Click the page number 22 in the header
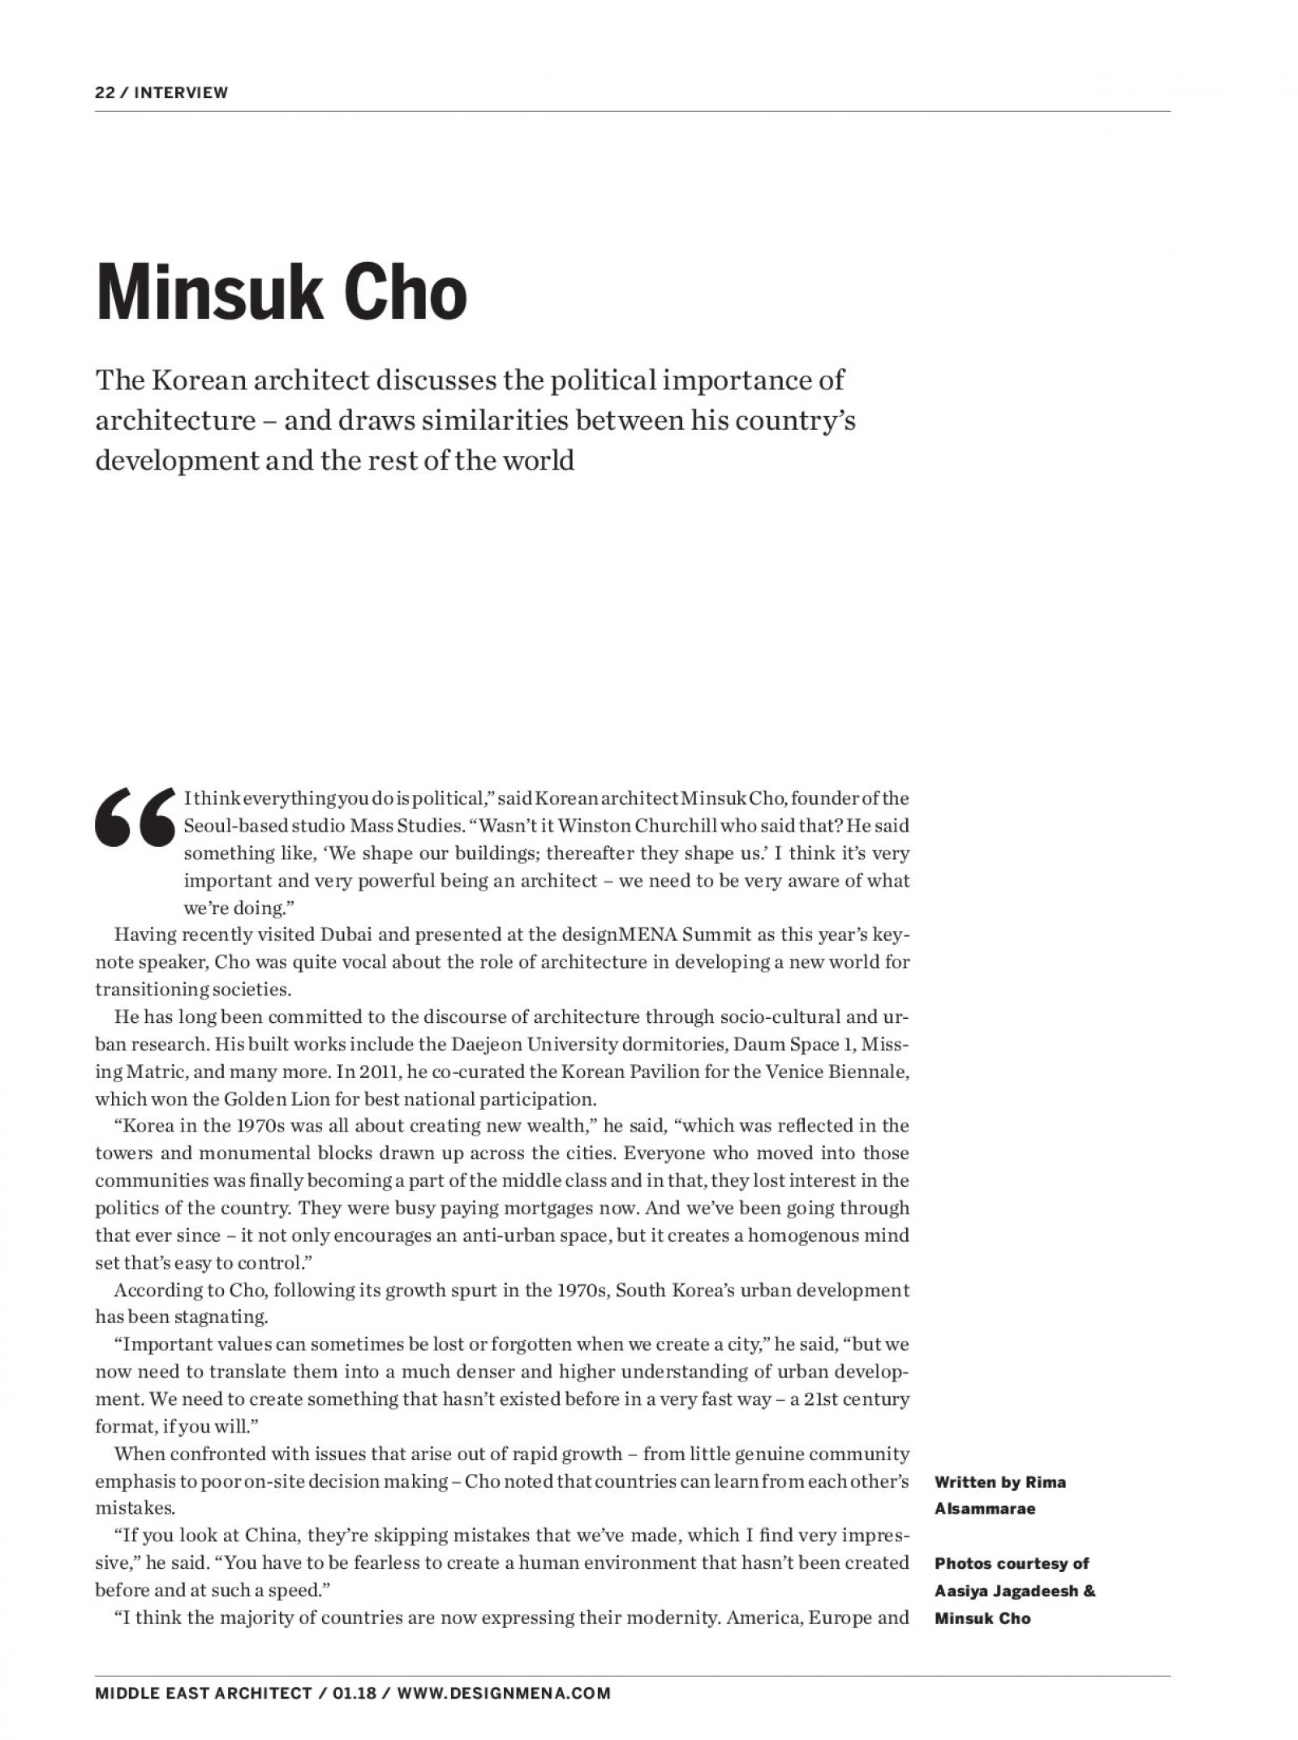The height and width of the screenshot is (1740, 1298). (104, 92)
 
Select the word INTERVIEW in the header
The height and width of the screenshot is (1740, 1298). (181, 92)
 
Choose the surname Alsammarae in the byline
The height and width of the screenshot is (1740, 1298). (984, 1509)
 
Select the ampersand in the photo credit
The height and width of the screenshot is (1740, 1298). (1089, 1591)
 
